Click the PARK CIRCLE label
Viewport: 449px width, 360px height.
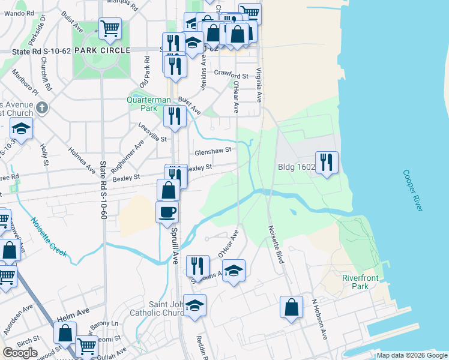tap(101, 51)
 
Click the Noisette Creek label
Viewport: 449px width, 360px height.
tap(48, 236)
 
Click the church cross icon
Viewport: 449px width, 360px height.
tap(41, 108)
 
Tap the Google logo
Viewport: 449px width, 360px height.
tap(20, 353)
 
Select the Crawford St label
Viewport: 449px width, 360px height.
tap(232, 76)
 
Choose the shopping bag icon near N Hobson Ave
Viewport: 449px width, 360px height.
tap(291, 307)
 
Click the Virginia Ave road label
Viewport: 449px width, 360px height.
tap(259, 84)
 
